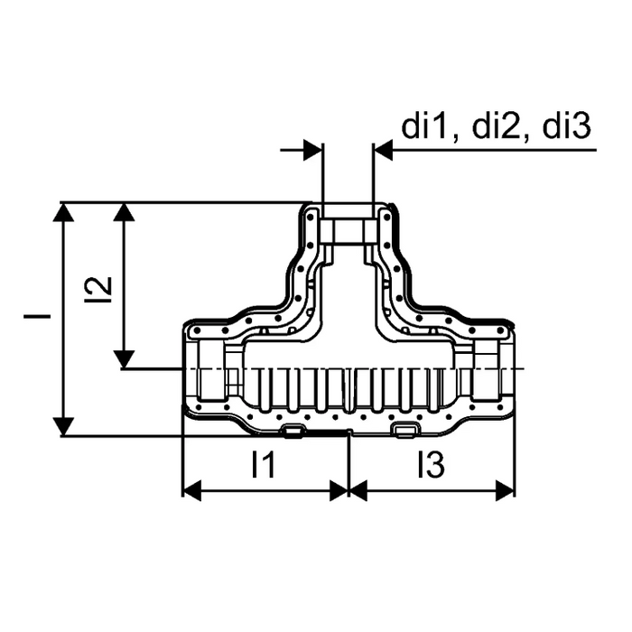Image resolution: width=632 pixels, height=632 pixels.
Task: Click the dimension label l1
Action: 263,464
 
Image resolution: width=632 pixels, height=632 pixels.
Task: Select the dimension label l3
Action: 431,464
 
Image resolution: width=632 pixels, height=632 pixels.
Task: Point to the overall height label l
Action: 37,316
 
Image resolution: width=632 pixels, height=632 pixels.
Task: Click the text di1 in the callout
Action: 425,126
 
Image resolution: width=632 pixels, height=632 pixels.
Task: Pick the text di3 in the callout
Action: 567,126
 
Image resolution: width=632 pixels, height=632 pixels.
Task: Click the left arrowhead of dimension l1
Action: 191,490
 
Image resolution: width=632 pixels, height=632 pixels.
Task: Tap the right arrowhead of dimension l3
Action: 506,490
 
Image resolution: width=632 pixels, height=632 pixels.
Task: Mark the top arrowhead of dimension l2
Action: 124,211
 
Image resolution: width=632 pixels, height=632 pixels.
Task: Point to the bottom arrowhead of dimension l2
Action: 124,359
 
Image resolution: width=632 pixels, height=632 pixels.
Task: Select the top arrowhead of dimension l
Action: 63,212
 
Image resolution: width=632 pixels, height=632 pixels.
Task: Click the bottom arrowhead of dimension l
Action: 63,426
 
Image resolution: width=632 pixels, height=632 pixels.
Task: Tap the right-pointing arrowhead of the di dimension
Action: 313,150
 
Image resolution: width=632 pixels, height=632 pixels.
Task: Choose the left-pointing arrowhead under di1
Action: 384,150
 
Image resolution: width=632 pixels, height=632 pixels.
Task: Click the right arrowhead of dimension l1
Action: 339,490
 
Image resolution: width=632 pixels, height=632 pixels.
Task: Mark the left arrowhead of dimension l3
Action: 358,490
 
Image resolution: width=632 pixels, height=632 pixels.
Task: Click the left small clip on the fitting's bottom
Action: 293,431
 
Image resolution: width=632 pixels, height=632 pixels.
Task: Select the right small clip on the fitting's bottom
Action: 406,431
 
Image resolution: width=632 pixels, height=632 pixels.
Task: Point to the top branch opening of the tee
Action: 349,232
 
